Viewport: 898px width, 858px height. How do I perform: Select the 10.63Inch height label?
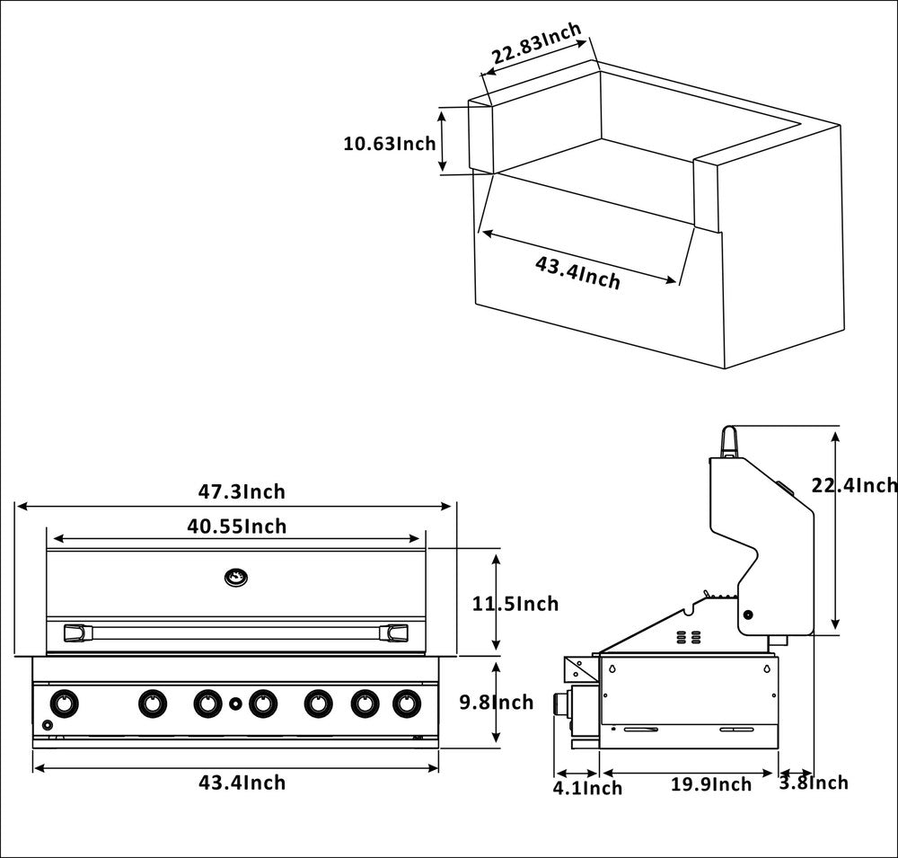pos(390,143)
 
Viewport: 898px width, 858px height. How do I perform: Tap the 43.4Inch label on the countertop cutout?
pos(577,272)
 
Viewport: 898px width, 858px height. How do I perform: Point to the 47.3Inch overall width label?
pos(242,491)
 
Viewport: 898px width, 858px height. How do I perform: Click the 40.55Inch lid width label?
pos(237,526)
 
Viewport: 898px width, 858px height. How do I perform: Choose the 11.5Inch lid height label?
pos(515,604)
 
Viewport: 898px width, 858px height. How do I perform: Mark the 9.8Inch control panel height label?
pos(497,703)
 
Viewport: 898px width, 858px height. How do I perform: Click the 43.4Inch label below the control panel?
pos(242,783)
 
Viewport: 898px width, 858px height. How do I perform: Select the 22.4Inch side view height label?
pos(854,485)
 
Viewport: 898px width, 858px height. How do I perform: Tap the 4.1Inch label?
pos(587,788)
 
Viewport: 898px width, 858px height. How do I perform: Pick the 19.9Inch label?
pos(711,784)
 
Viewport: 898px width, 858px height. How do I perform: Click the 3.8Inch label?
pos(813,783)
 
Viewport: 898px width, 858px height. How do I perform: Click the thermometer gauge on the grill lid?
pos(236,577)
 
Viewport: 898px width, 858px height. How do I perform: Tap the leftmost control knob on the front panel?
pos(64,702)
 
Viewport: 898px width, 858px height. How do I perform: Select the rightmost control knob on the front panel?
pos(407,702)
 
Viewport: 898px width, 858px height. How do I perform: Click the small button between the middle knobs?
pos(235,703)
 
